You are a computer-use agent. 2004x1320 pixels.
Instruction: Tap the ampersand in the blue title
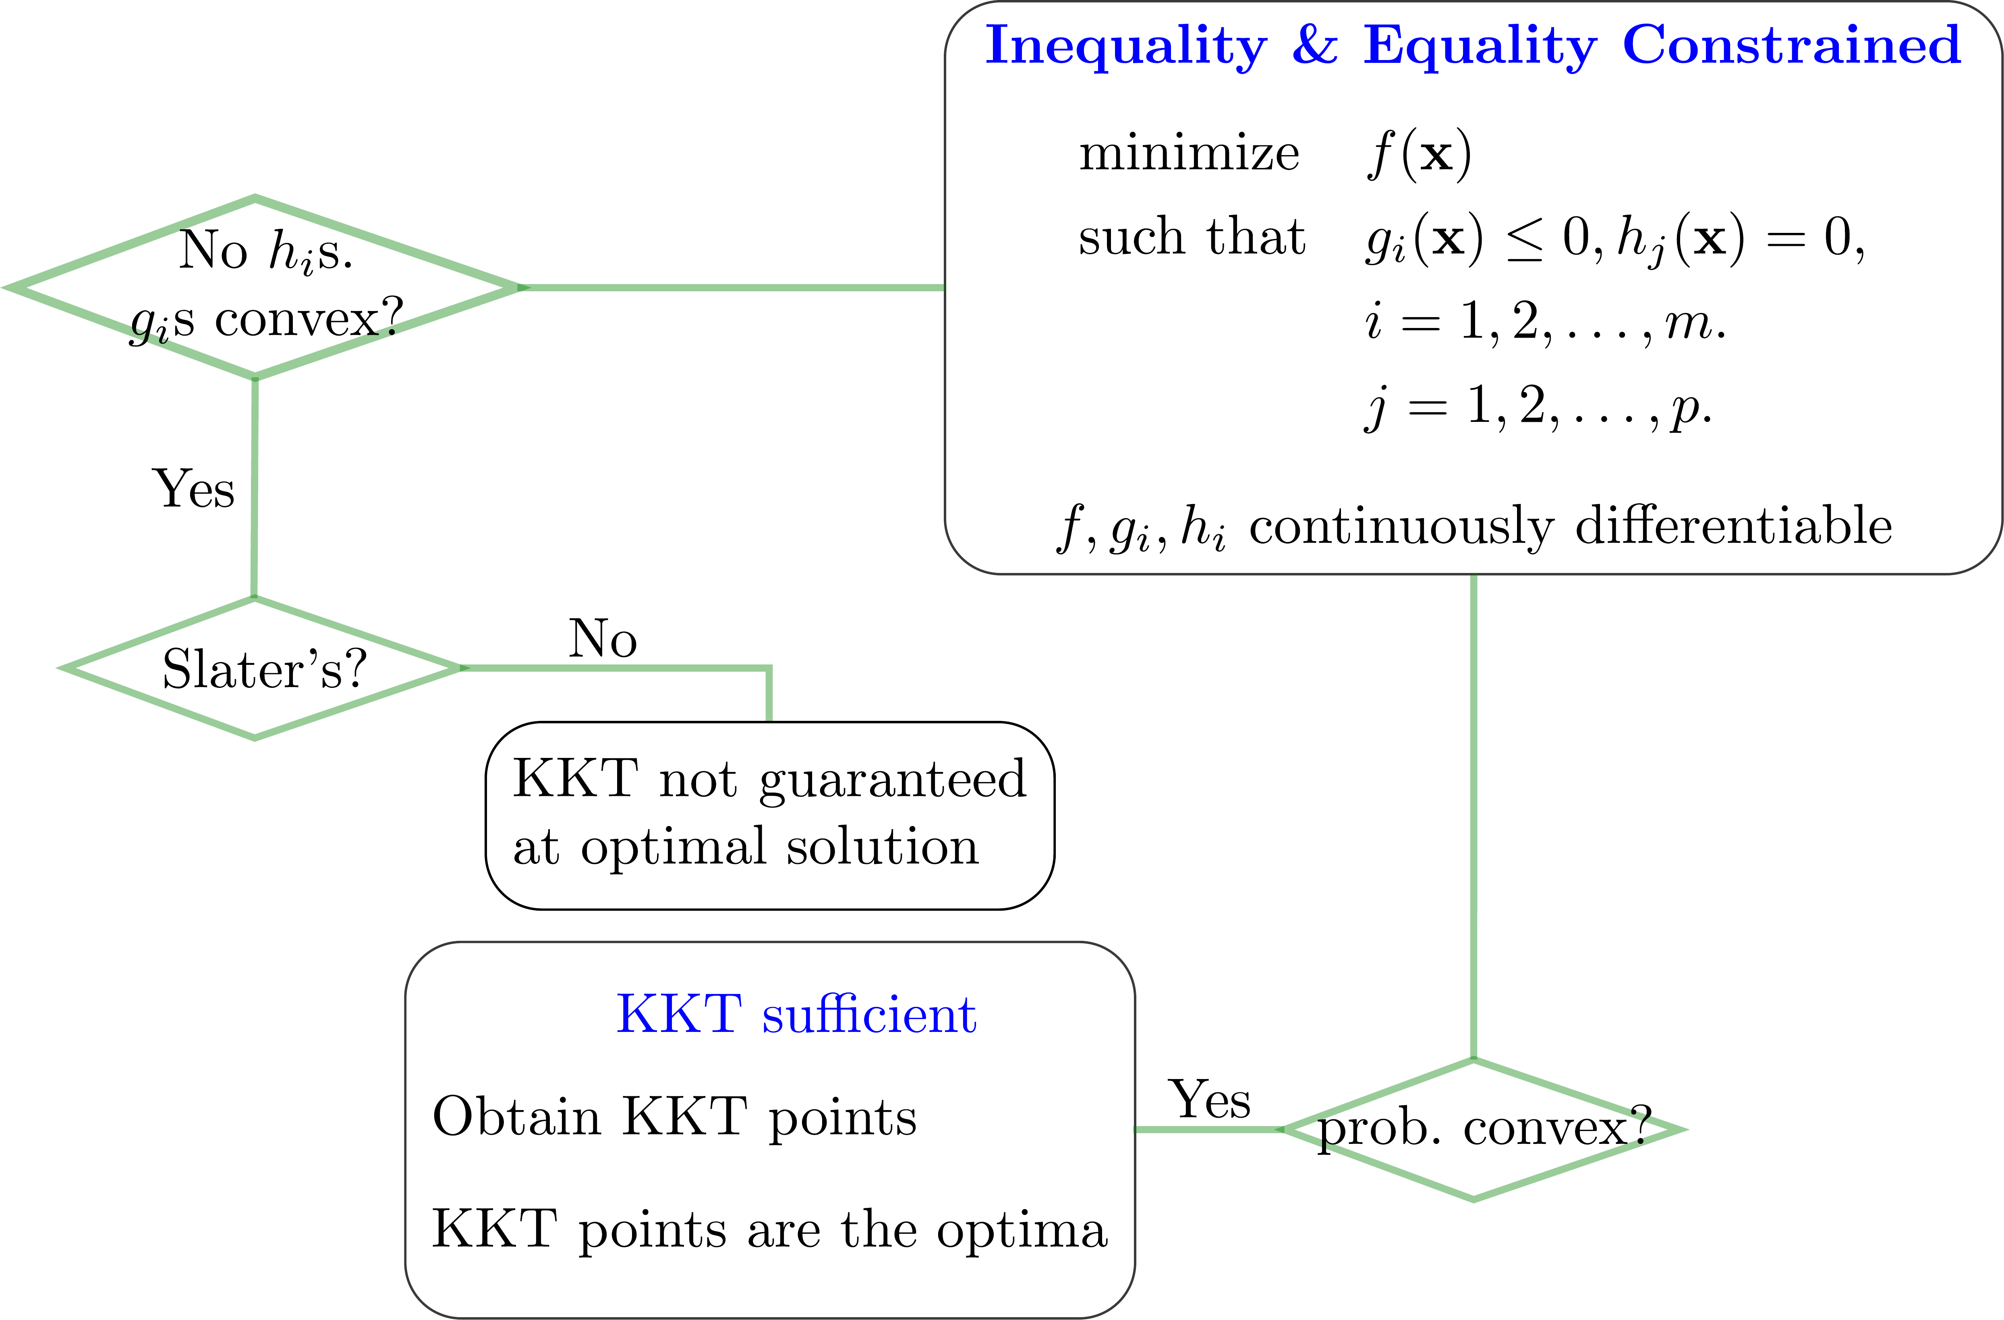1314,45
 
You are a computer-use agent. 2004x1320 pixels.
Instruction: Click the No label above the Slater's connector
603,639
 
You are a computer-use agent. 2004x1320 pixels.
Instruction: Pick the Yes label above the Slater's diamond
194,489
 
